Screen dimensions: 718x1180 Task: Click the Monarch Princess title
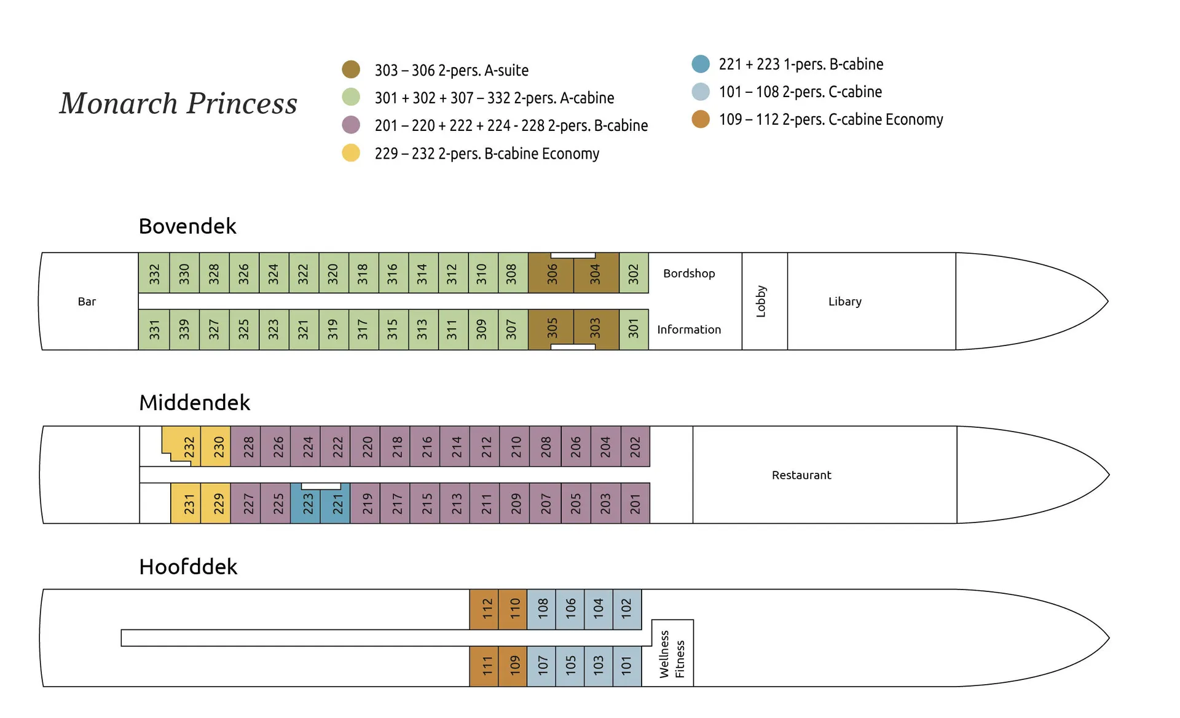[x=178, y=103]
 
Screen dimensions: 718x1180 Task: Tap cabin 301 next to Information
[x=634, y=329]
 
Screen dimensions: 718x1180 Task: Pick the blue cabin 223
[x=305, y=503]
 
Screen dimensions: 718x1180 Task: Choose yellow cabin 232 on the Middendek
[x=188, y=446]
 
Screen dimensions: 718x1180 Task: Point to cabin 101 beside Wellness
[x=627, y=665]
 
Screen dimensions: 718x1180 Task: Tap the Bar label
[x=87, y=302]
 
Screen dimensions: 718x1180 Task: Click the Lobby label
[x=761, y=301]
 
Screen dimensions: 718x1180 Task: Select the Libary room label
[x=844, y=302]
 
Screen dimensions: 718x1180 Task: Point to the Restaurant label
[x=801, y=475]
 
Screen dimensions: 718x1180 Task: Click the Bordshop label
[x=689, y=274]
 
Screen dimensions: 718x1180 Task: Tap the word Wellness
[x=664, y=654]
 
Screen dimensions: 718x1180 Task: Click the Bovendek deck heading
[x=187, y=226]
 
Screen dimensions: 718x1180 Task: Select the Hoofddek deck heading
[x=188, y=567]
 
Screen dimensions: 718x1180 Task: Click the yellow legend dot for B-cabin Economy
[x=351, y=153]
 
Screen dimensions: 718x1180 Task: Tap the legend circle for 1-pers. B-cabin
[x=701, y=64]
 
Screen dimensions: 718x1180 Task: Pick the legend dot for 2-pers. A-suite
[x=351, y=69]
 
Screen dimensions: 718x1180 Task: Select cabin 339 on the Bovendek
[x=184, y=329]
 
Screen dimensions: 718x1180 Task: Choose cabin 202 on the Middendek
[x=635, y=446]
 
